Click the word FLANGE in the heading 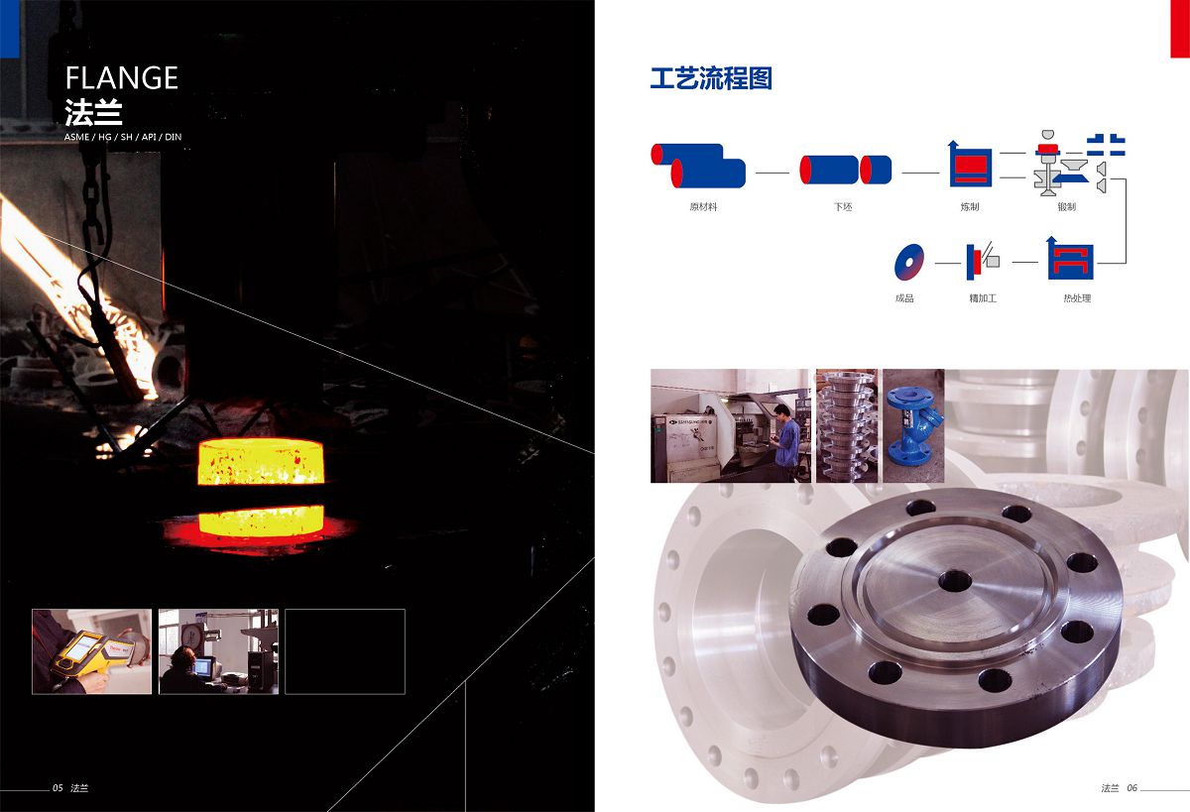[122, 78]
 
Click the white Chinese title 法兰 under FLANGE [93, 113]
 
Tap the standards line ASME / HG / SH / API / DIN [123, 137]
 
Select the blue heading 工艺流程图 [711, 78]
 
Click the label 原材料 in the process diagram [703, 207]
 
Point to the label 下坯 [843, 207]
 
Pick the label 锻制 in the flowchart [1067, 207]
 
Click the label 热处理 [1077, 298]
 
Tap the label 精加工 [983, 298]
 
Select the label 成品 [904, 298]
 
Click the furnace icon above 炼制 [970, 165]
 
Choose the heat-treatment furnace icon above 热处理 [1070, 259]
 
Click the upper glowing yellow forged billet [261, 462]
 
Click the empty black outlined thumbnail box [345, 651]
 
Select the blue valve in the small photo [913, 426]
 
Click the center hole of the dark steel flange [955, 580]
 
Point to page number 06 [1132, 788]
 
